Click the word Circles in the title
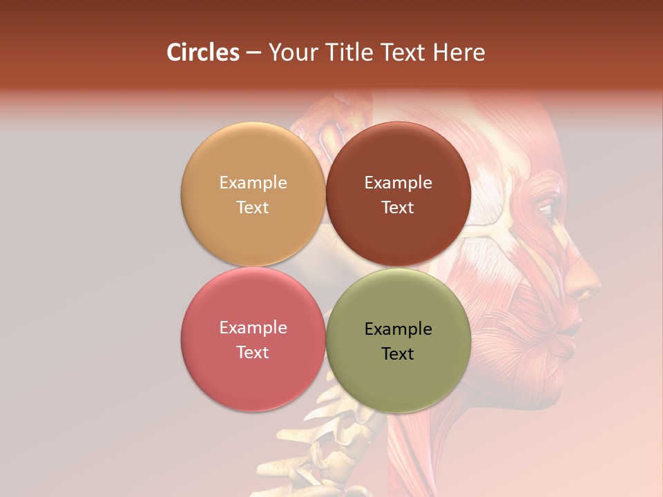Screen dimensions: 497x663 tap(202, 52)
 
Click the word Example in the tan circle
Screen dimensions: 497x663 tap(253, 182)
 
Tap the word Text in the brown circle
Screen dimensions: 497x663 tap(398, 207)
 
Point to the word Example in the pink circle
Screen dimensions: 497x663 tap(253, 327)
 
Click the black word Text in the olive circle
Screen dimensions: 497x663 tap(398, 353)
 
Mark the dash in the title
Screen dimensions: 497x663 tap(253, 53)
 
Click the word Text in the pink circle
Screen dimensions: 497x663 tap(253, 352)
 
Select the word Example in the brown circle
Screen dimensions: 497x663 tap(398, 182)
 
